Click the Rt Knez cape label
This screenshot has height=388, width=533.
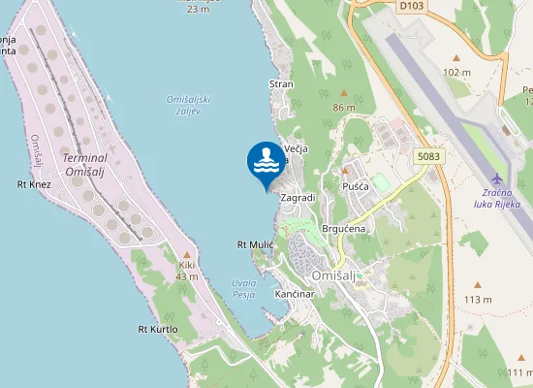tap(34, 183)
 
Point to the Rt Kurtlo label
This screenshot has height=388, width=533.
tap(158, 329)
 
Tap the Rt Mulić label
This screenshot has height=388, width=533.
tap(256, 245)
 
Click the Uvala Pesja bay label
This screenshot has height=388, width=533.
tap(243, 289)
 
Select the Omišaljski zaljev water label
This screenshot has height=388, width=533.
tap(188, 106)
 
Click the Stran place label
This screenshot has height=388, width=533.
tap(281, 84)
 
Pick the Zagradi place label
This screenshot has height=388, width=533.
tap(298, 197)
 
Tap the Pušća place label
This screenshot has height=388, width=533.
tap(355, 184)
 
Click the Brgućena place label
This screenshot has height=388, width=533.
tap(343, 228)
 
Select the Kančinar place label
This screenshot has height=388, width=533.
tap(296, 293)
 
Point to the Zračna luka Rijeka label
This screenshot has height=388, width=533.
tap(497, 198)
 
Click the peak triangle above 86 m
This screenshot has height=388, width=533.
tap(344, 94)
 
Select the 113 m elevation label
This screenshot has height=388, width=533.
tap(478, 299)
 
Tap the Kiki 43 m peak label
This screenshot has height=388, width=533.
tap(187, 270)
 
